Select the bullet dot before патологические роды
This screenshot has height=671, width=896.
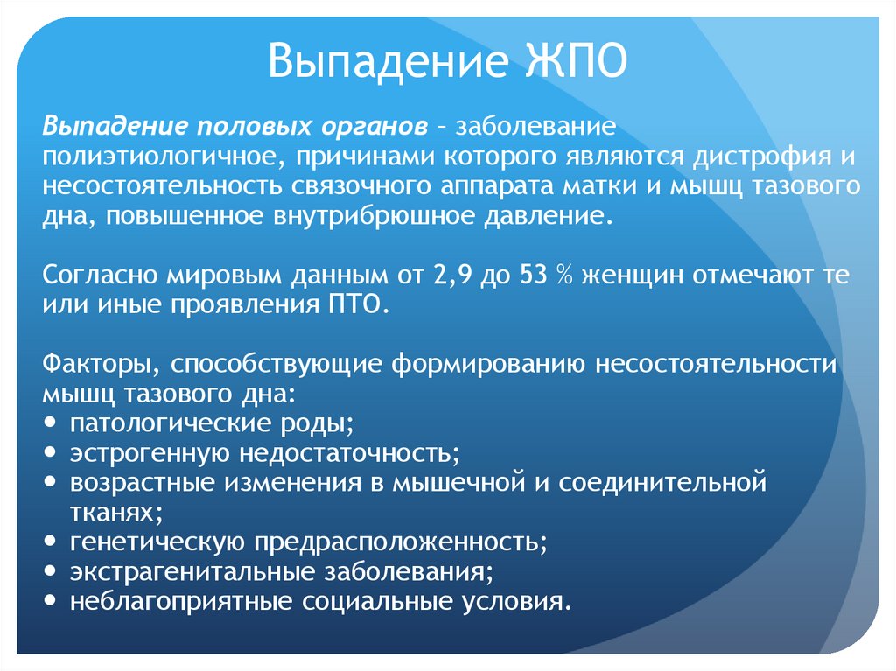coord(50,423)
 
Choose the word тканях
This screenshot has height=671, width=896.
coord(115,513)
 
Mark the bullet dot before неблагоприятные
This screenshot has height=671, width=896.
coord(50,603)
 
